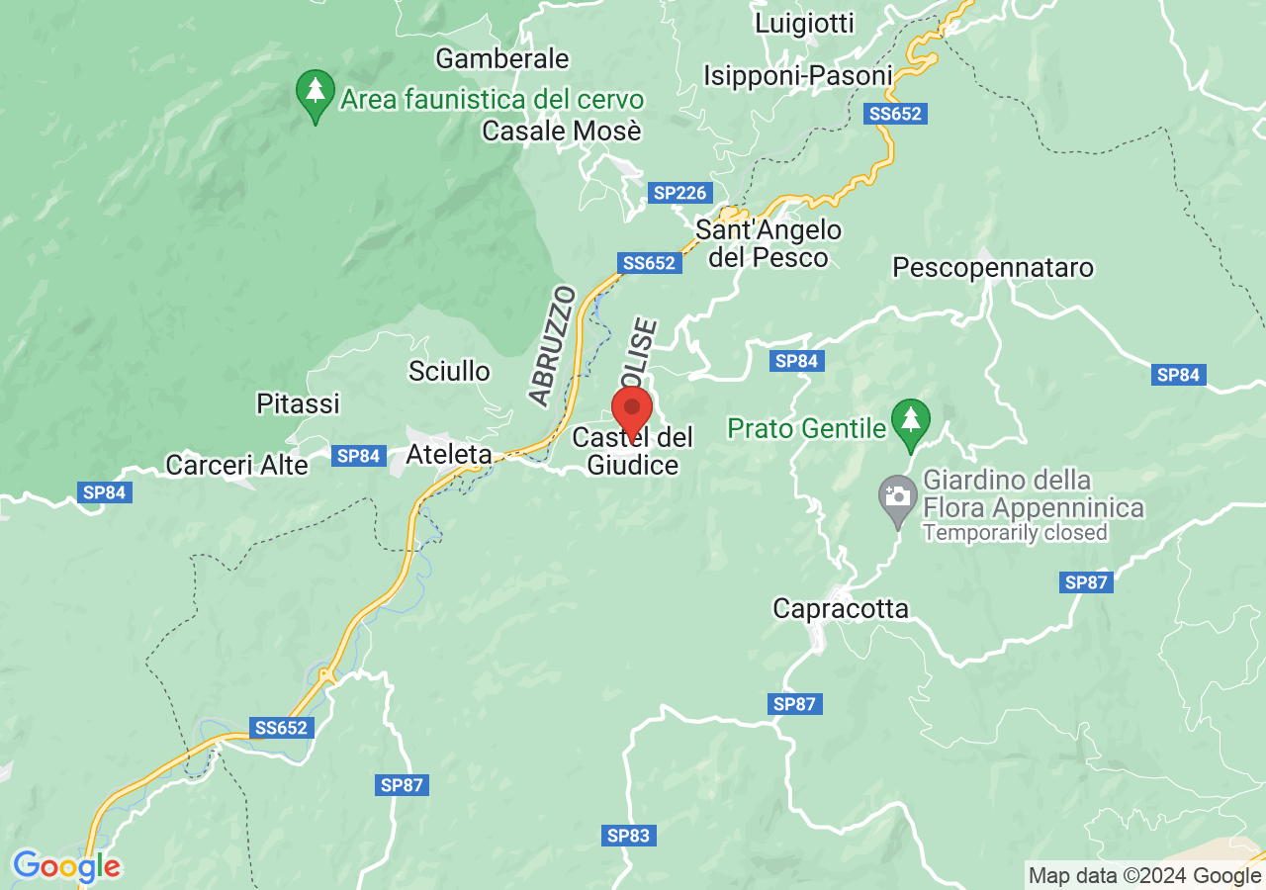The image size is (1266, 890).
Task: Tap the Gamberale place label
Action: click(x=502, y=58)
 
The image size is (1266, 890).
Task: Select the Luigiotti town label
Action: click(x=804, y=23)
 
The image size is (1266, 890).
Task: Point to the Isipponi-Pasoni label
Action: click(x=798, y=75)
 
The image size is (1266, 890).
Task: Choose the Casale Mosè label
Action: click(x=562, y=131)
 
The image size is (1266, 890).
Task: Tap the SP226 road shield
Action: click(x=679, y=193)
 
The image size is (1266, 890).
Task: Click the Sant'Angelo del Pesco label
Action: click(x=769, y=244)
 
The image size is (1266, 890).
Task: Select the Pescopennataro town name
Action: click(x=993, y=267)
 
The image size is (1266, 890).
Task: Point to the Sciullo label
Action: click(x=449, y=371)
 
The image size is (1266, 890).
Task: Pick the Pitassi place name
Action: click(x=298, y=403)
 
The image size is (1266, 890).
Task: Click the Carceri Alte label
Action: click(x=236, y=465)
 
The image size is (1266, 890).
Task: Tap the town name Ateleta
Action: click(x=449, y=454)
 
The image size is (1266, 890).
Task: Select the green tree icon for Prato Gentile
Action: click(x=910, y=422)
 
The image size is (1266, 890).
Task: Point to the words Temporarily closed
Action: click(x=1015, y=533)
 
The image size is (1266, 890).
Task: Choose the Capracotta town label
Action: click(x=841, y=608)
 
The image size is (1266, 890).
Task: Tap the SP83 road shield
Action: click(x=628, y=837)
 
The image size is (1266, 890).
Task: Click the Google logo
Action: click(x=66, y=867)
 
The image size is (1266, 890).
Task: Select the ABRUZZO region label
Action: click(x=552, y=346)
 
